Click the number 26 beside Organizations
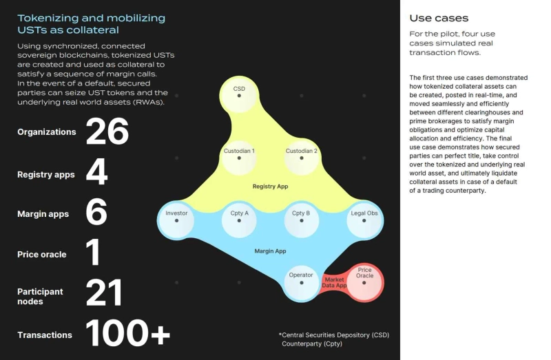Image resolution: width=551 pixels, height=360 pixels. (x=107, y=131)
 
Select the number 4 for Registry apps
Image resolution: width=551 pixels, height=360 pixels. (x=96, y=173)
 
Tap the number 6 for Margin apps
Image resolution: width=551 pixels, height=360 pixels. (x=96, y=213)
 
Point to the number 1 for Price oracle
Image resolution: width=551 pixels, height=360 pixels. (x=93, y=253)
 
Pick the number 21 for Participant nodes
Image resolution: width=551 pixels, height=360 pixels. (x=104, y=294)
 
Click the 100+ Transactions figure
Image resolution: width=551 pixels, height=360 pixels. (x=127, y=334)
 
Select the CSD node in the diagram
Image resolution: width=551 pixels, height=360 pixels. (x=239, y=94)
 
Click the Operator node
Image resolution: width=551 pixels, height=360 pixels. (x=301, y=282)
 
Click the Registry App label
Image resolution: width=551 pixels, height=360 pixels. (x=269, y=187)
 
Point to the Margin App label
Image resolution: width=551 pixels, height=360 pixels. (x=270, y=251)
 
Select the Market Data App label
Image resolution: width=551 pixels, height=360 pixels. (x=333, y=282)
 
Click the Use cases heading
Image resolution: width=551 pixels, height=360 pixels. (x=439, y=18)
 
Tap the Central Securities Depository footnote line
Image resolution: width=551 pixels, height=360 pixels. (x=333, y=335)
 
